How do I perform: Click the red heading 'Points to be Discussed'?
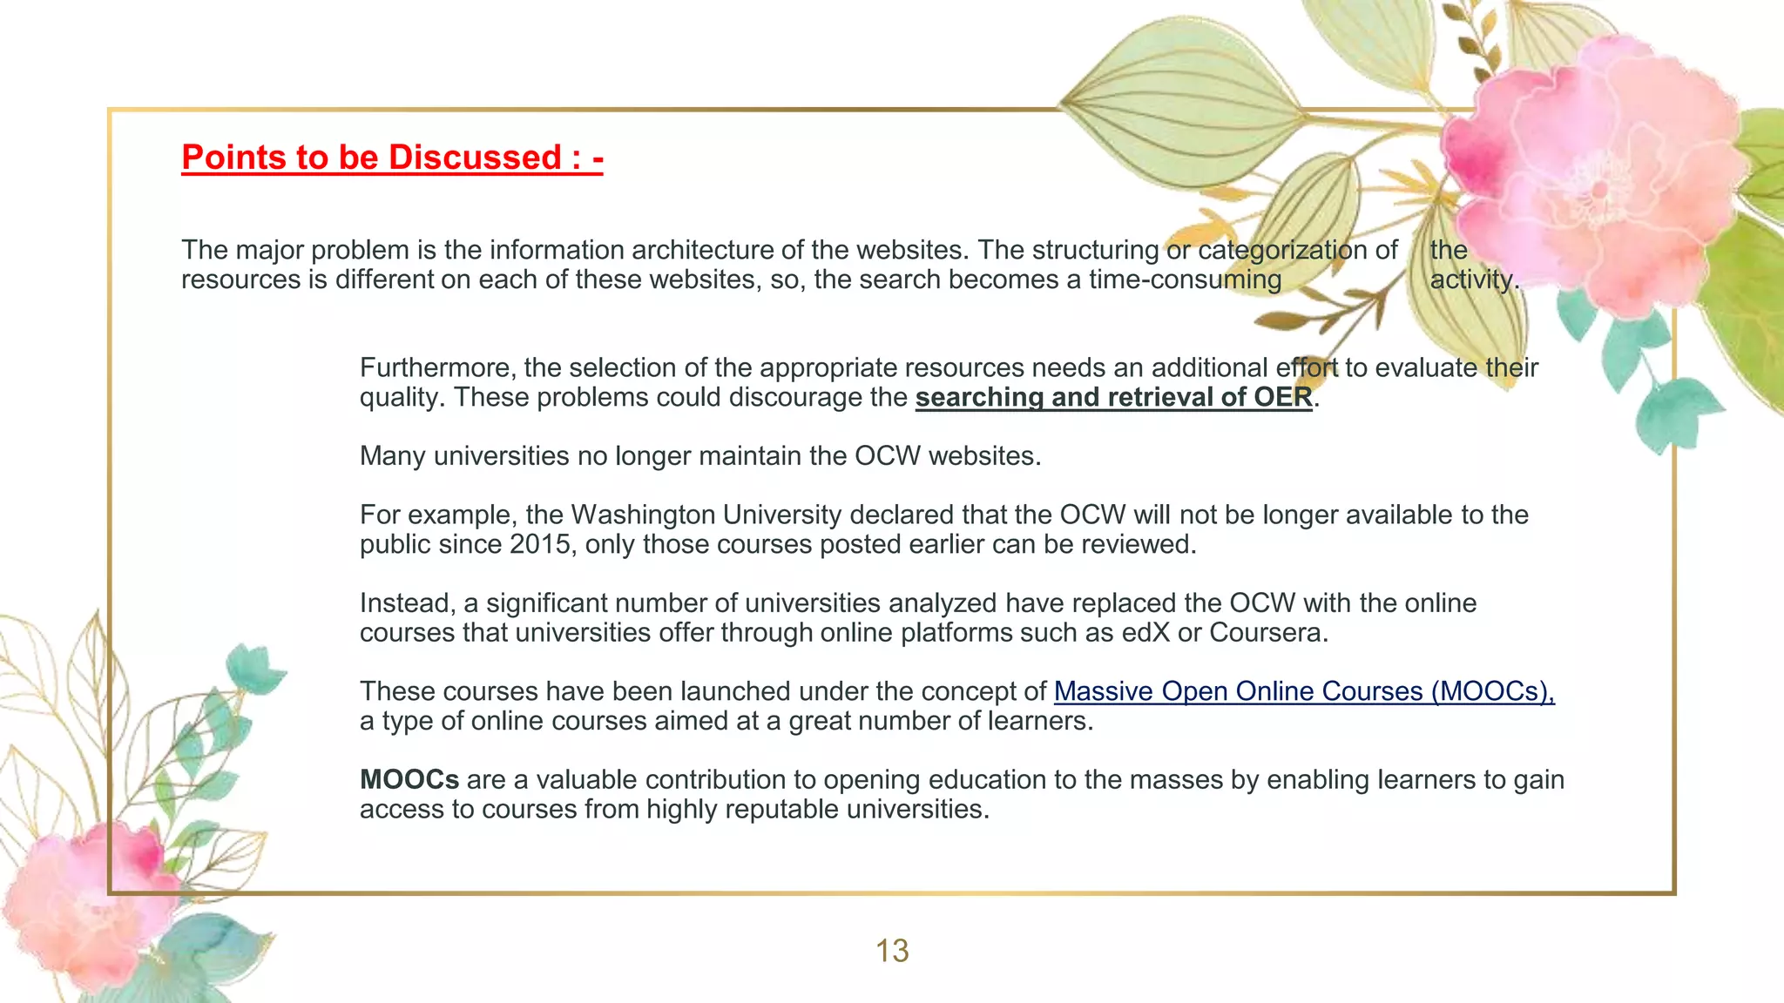[391, 158]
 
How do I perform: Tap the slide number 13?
[892, 951]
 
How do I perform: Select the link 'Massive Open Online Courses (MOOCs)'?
[1303, 691]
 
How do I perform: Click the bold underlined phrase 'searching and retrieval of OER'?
[1113, 397]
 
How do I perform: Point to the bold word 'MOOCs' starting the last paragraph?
[409, 779]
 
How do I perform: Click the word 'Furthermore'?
[437, 367]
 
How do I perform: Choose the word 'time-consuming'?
[1185, 279]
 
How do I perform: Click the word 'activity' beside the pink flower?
[1472, 279]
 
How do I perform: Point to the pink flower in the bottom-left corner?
[83, 897]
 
